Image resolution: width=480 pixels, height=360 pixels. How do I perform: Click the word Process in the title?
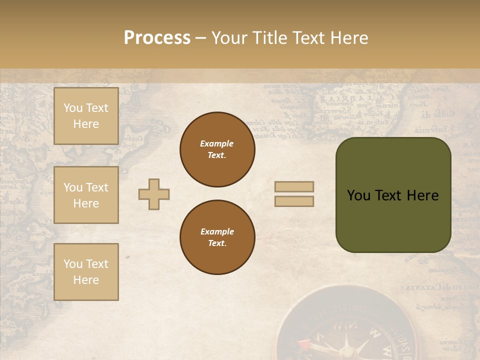[157, 38]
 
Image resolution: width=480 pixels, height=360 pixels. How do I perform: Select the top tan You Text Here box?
[86, 116]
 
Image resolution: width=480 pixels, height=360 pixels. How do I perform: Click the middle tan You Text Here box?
[86, 195]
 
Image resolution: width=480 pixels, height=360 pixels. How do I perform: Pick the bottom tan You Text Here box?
[86, 272]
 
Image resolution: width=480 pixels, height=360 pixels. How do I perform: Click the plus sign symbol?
[154, 194]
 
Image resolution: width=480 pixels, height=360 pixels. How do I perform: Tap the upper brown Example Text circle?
[217, 149]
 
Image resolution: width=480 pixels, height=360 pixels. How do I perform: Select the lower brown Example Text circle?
[217, 237]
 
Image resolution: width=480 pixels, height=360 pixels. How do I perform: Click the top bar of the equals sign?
[294, 187]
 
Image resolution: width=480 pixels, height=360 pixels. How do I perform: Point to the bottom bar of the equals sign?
[294, 201]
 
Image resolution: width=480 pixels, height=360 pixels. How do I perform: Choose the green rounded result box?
[393, 195]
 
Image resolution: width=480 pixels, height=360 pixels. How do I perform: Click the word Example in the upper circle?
[217, 143]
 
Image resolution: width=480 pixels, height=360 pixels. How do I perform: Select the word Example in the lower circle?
[217, 231]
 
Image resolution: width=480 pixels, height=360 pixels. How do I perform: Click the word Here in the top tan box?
[86, 124]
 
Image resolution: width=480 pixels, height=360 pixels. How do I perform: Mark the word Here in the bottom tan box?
[86, 280]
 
